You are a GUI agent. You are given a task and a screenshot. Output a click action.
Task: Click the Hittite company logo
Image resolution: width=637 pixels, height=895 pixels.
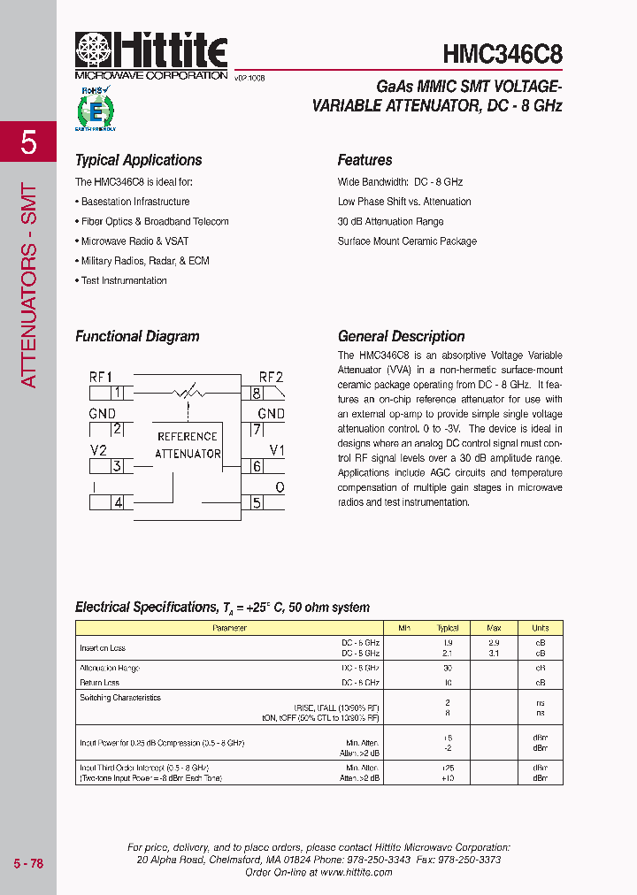pos(151,53)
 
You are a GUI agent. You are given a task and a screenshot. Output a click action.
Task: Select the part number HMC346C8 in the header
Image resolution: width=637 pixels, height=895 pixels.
pos(502,54)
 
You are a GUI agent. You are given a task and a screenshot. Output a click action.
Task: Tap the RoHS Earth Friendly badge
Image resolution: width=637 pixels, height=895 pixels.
pos(96,110)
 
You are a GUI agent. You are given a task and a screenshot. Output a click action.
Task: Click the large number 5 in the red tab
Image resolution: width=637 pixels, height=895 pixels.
pos(28,142)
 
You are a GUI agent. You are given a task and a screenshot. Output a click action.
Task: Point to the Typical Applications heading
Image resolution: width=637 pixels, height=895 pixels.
pos(138,160)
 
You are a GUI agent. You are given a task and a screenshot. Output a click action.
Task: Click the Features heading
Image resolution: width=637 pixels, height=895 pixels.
pos(365,160)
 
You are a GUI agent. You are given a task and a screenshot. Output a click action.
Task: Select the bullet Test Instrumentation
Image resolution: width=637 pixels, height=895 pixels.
pos(123,280)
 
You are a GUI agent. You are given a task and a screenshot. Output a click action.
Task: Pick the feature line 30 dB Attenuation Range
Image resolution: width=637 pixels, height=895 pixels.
pos(390,221)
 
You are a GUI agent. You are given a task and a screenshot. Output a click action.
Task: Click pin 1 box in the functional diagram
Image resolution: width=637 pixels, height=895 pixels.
pos(117,394)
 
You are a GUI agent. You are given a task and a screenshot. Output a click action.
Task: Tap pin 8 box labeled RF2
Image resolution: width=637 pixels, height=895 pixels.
pos(257,394)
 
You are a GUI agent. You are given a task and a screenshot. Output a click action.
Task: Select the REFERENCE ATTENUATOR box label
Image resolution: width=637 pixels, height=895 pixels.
pos(188,445)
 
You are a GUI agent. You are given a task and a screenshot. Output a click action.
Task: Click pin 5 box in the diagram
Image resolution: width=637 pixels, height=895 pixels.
pos(257,503)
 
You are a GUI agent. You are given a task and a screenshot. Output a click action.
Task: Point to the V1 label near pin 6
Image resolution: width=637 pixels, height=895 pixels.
pos(276,450)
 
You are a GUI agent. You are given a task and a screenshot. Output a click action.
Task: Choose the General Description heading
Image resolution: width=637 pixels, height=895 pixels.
pos(401,336)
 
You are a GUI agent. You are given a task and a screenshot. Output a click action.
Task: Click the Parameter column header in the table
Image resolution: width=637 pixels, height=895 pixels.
pos(229,628)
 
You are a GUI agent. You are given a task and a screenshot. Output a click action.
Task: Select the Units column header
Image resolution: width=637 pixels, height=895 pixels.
pos(540,628)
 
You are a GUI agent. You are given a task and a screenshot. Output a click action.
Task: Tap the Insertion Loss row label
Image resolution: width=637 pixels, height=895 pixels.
pos(103,648)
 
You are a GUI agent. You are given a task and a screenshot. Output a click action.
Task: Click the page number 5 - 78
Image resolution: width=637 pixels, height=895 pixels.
pos(28,863)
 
